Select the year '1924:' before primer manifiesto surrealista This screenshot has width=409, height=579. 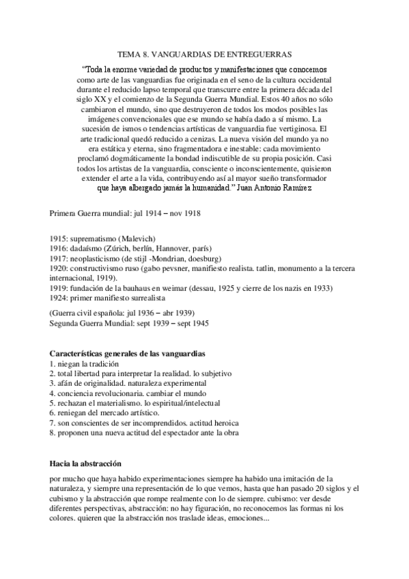click(x=60, y=298)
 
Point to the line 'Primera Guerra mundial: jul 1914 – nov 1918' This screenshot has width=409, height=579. click(x=125, y=213)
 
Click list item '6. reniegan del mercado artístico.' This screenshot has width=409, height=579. click(x=104, y=412)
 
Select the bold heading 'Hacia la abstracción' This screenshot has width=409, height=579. click(x=89, y=463)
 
